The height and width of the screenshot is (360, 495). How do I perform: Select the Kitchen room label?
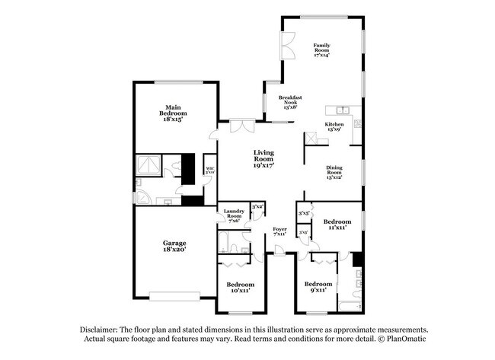click(334, 126)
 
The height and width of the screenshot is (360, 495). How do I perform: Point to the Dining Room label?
click(334, 172)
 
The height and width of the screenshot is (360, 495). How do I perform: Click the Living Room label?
click(263, 158)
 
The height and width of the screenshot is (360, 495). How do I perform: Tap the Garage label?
click(174, 246)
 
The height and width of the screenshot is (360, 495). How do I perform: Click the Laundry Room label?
click(233, 215)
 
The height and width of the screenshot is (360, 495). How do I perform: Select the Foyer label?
click(279, 231)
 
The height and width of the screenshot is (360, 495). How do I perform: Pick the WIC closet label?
click(210, 170)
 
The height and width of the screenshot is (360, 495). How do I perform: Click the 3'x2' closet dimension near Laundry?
click(257, 206)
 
